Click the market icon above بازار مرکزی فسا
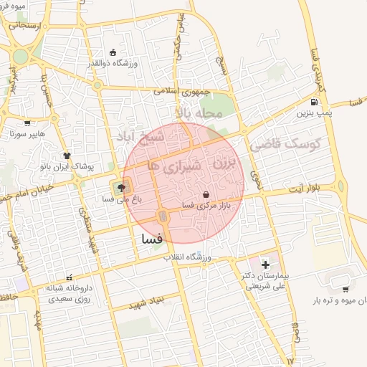coord(206,194)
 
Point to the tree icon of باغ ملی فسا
coord(119,189)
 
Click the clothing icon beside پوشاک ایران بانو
coord(67,155)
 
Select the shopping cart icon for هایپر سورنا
coord(27,123)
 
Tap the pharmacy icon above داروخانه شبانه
coord(69,277)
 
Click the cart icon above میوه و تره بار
coord(345,290)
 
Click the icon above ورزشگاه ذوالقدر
coord(113,52)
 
